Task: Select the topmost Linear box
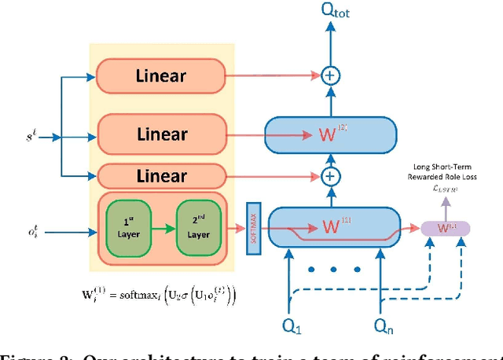160,75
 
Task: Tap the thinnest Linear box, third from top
160,175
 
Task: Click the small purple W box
446,228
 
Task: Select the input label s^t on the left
28,137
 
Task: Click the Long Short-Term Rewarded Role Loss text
444,177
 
